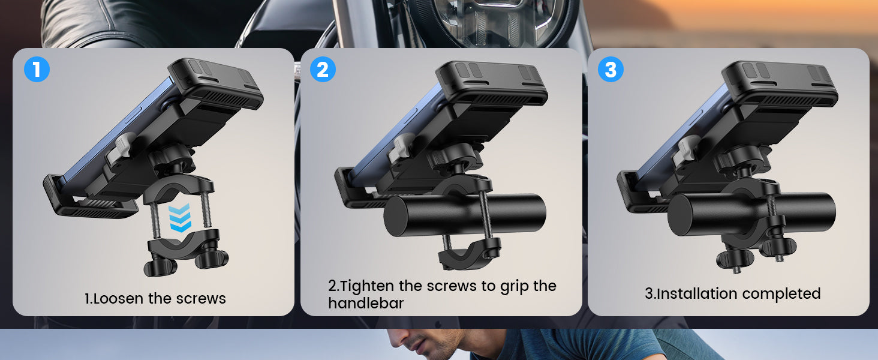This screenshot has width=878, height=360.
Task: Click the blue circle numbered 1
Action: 37,70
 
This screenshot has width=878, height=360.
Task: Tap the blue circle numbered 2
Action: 323,70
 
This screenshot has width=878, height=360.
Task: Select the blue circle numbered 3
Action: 611,70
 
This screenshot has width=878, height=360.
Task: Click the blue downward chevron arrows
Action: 180,218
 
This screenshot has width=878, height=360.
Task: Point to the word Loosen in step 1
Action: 118,298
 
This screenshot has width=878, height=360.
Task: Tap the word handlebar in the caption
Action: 366,303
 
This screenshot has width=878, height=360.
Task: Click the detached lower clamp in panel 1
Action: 187,252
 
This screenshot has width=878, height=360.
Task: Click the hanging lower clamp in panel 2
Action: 468,253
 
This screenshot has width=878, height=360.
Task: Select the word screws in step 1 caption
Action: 201,299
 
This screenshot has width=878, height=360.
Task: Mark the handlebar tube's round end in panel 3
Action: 681,215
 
